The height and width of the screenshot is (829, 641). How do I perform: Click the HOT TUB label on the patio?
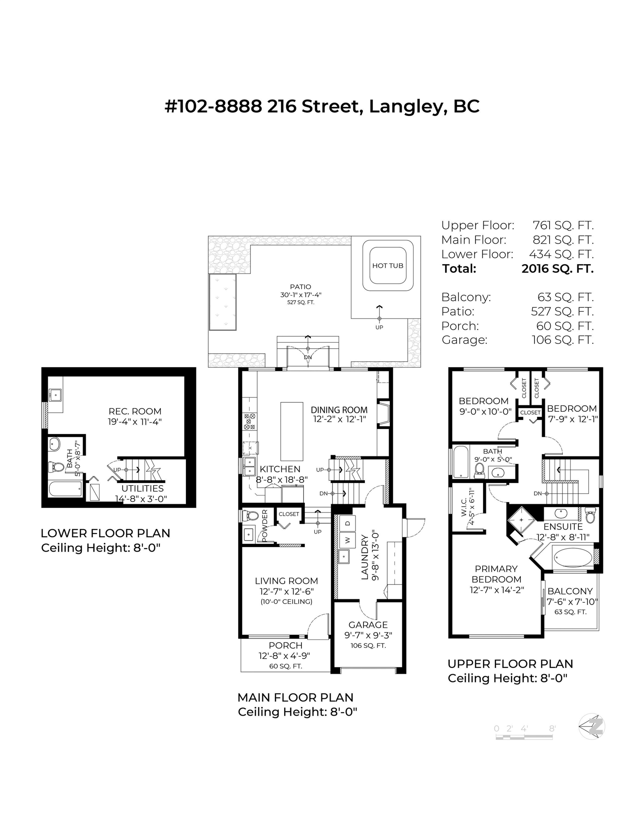[388, 266]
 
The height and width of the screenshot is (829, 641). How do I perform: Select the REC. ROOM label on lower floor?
[135, 411]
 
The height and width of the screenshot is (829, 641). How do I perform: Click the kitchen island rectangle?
[292, 431]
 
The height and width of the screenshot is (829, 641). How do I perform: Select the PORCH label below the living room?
[285, 645]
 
